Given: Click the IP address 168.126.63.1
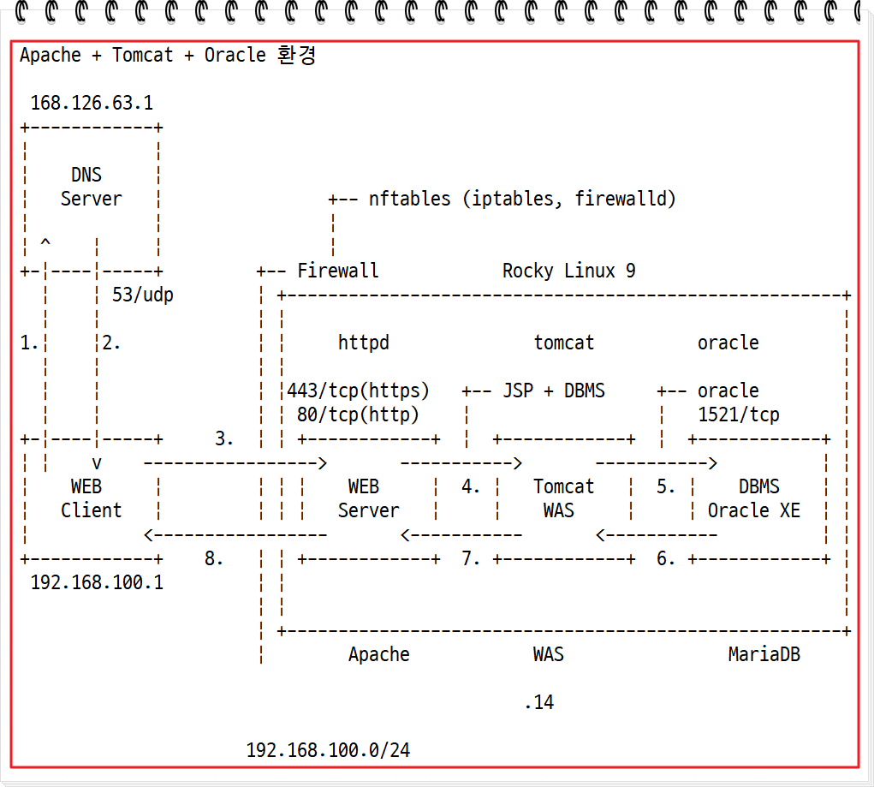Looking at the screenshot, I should [92, 103].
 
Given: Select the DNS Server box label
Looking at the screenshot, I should [90, 187].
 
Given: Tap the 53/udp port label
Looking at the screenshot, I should [143, 295].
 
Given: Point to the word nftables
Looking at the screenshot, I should [409, 199].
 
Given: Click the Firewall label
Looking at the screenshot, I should [337, 271].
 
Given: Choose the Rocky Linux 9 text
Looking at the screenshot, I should [568, 271].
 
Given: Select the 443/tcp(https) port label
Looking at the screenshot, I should [358, 391].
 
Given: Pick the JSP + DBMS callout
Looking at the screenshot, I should [552, 391].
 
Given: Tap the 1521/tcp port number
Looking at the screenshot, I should [739, 414].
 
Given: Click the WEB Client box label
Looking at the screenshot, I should [90, 498].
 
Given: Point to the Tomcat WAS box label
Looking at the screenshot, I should [562, 498].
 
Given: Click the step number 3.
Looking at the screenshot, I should [224, 438].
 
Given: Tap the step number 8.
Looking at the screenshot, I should [214, 558].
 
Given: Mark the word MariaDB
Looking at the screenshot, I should [764, 654].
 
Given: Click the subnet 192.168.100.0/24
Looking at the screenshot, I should [328, 750].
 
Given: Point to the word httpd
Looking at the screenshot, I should [363, 343].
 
